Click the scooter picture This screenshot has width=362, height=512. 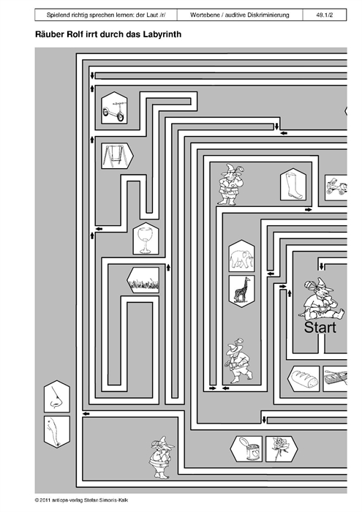tap(114, 108)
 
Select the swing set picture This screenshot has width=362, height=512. tap(117, 156)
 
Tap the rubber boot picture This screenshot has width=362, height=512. tap(293, 184)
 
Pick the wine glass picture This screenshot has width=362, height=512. tap(146, 238)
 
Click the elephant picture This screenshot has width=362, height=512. tap(241, 256)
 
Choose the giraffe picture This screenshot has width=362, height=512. tap(241, 291)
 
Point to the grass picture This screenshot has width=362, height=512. tap(143, 280)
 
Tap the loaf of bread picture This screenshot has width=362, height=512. tap(303, 379)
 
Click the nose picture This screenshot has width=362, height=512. tap(57, 396)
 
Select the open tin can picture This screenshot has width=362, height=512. tap(246, 449)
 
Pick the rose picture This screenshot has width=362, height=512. tap(282, 449)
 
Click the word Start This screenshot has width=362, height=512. tap(320, 327)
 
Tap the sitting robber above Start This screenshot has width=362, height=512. tap(322, 299)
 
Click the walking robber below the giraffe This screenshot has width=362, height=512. tap(238, 361)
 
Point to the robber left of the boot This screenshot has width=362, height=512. tap(231, 184)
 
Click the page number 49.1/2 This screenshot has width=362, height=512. tap(325, 15)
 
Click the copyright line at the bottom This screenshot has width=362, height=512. tap(82, 500)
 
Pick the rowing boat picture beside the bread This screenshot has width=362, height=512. tap(335, 379)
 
